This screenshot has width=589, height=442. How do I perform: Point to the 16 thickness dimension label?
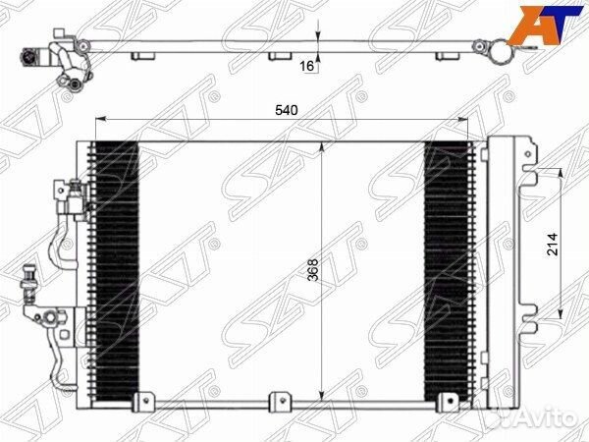[x=307, y=66]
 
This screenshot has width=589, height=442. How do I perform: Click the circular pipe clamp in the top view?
[x=500, y=49]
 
